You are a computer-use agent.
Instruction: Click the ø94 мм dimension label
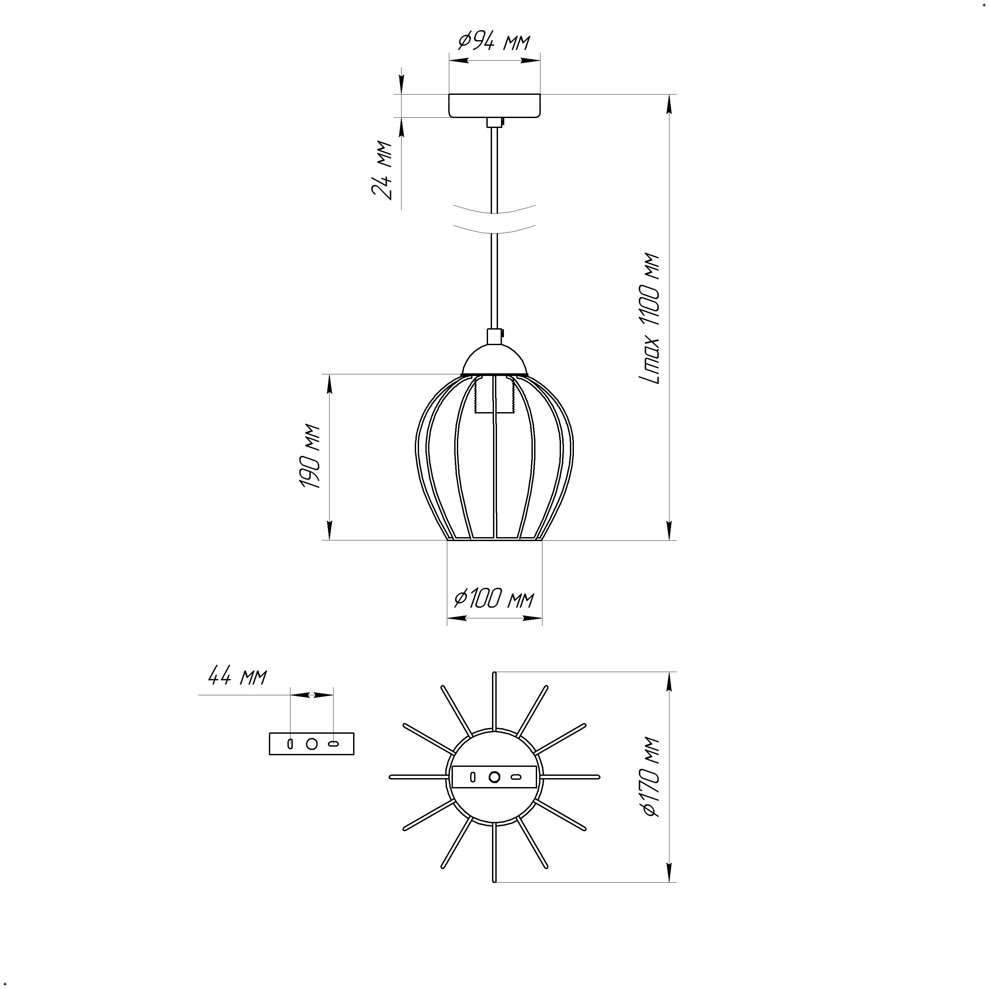[x=494, y=41]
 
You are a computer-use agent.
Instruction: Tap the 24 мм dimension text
[x=382, y=169]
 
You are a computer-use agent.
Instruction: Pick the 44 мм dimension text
[x=237, y=677]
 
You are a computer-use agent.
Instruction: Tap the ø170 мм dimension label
[x=650, y=776]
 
